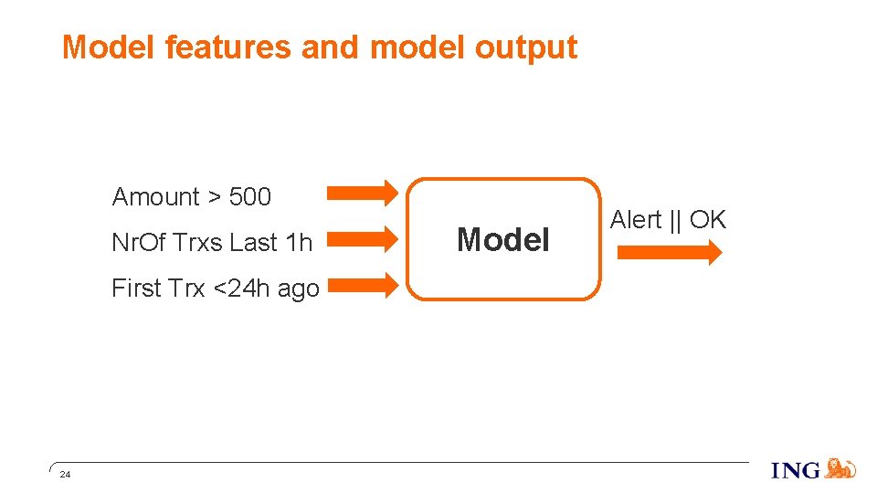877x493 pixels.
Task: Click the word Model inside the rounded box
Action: pyautogui.click(x=503, y=240)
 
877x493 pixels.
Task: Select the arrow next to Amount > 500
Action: pyautogui.click(x=362, y=192)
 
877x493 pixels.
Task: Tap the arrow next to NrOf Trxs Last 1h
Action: pyautogui.click(x=362, y=238)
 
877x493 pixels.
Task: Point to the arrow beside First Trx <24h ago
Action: pyautogui.click(x=362, y=285)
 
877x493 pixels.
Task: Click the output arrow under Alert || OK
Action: pyautogui.click(x=669, y=254)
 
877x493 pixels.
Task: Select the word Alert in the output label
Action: pyautogui.click(x=635, y=220)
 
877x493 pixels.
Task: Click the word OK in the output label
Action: pyautogui.click(x=708, y=220)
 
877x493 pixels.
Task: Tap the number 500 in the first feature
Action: pyautogui.click(x=250, y=197)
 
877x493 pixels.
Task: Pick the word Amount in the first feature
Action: pyautogui.click(x=155, y=197)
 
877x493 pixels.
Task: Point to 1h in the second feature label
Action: pyautogui.click(x=298, y=243)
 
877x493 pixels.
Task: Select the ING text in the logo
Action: pyautogui.click(x=796, y=471)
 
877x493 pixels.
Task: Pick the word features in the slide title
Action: pyautogui.click(x=228, y=47)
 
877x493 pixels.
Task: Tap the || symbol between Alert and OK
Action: pyautogui.click(x=676, y=220)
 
